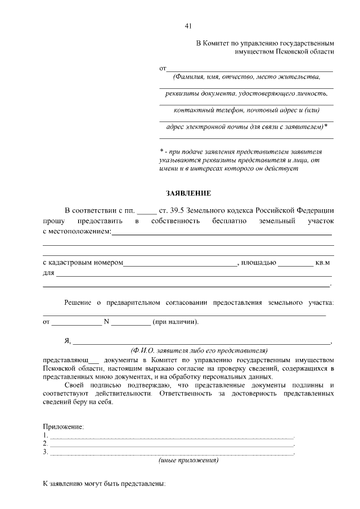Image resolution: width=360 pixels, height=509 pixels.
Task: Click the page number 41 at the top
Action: click(x=188, y=26)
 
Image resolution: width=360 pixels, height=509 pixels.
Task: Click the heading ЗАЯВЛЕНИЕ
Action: click(x=188, y=193)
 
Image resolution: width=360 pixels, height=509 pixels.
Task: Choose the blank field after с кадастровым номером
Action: click(x=180, y=263)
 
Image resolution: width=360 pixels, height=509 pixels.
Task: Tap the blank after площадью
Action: click(x=295, y=263)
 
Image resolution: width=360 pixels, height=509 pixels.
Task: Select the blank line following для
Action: click(x=194, y=274)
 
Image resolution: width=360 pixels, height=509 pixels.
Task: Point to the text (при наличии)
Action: click(x=175, y=322)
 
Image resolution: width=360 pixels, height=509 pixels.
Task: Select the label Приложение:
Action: click(x=63, y=427)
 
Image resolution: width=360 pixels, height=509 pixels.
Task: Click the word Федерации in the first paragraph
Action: click(x=313, y=210)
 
